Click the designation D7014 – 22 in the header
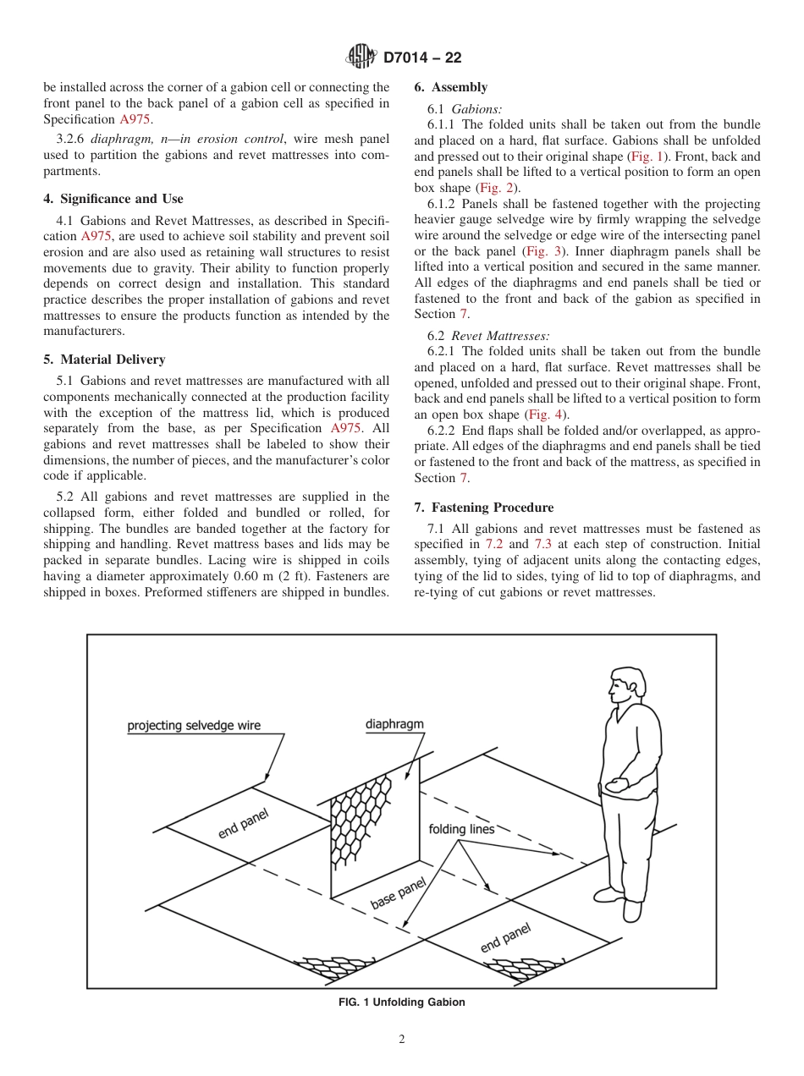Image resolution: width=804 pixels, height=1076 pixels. point(422,58)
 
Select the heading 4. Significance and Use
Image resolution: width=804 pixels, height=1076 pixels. point(113,199)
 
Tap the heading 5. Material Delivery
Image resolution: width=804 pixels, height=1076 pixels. point(104,360)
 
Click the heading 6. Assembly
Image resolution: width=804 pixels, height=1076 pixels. point(450,87)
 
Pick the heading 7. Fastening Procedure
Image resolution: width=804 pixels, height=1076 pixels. point(484,508)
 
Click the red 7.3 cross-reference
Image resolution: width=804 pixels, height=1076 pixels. point(542,544)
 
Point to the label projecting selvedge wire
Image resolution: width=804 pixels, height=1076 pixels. point(194,725)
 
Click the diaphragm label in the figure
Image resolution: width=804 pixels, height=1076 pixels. point(394,724)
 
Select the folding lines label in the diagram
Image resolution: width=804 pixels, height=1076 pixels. point(461,829)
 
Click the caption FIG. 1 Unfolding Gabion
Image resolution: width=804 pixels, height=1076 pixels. point(401,1002)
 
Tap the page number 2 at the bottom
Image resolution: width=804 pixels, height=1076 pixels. point(402,1040)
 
